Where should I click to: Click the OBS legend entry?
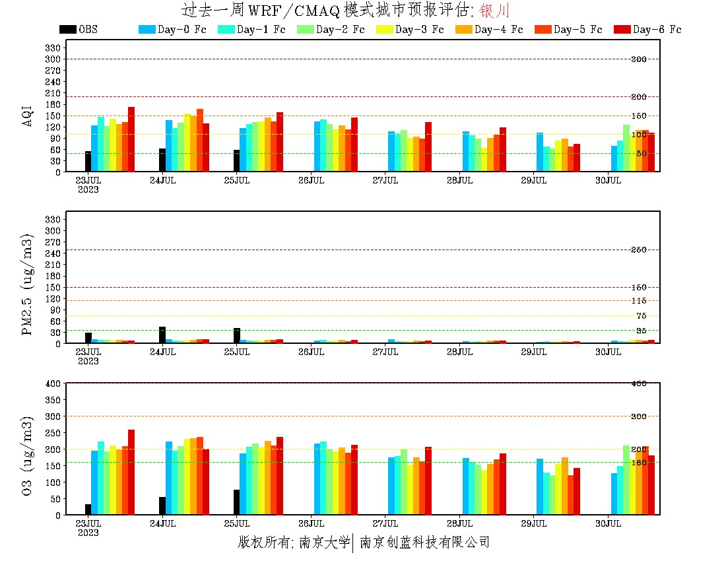click(x=79, y=30)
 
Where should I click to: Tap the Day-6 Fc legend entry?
click(x=648, y=30)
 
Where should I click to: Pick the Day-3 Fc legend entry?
click(x=411, y=30)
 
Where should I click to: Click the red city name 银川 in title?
click(x=494, y=11)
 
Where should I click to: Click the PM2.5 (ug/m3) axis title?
click(x=28, y=284)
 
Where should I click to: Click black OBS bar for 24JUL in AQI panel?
click(x=162, y=160)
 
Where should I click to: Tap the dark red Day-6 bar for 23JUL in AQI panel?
click(x=131, y=139)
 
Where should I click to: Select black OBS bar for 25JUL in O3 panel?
click(x=236, y=502)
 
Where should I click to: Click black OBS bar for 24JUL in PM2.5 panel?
click(x=162, y=335)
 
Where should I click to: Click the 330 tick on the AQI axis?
click(x=53, y=48)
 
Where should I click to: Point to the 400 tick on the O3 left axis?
click(x=53, y=383)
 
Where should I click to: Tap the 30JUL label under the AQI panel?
click(x=609, y=180)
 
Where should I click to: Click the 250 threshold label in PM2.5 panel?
click(x=638, y=250)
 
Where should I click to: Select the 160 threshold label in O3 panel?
click(x=638, y=463)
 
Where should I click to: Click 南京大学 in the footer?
click(x=324, y=543)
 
